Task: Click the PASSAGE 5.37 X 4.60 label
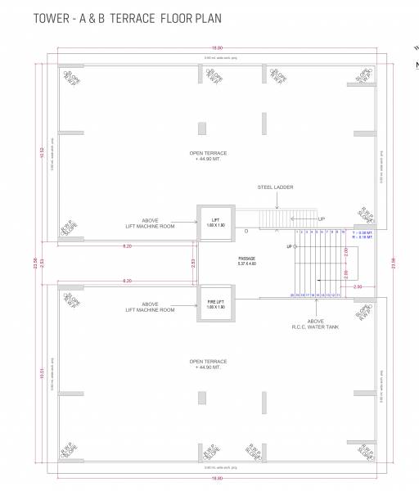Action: coord(247,261)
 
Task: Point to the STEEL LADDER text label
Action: coord(275,187)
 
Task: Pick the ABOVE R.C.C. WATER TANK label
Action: coord(320,325)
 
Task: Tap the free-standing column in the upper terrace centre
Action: coord(202,129)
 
